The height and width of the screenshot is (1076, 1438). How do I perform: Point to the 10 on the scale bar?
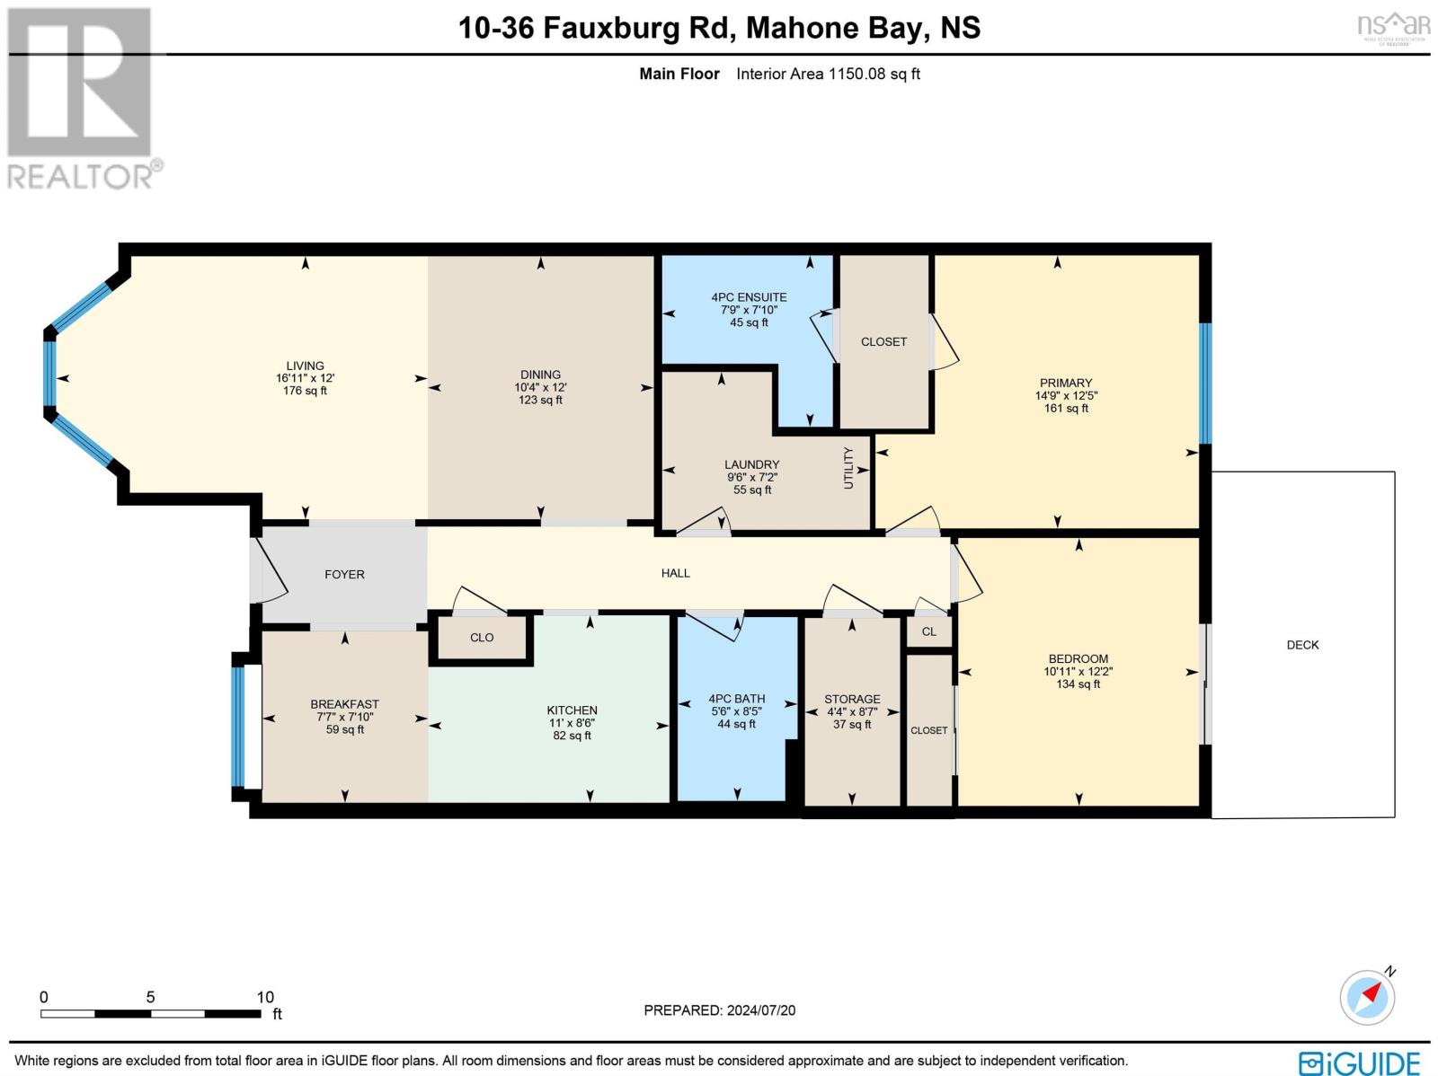[x=265, y=998]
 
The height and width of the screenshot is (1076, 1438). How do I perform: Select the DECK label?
[x=1302, y=646]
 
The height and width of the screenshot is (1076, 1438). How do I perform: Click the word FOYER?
[x=344, y=575]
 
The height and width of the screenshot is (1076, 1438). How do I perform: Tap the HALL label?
[x=676, y=573]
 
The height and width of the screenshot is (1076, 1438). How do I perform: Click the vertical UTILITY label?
[x=848, y=468]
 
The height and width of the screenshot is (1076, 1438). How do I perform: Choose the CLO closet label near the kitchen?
[x=482, y=638]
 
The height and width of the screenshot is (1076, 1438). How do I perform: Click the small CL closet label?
[x=929, y=631]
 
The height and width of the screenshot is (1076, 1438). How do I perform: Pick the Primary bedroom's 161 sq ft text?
[x=1066, y=409]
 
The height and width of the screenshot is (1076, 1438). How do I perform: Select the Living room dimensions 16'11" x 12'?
[x=306, y=378]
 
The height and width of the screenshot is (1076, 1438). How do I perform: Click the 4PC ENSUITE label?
[x=750, y=297]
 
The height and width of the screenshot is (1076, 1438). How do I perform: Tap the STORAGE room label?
[x=852, y=699]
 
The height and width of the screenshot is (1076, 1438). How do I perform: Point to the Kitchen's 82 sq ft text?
[x=572, y=736]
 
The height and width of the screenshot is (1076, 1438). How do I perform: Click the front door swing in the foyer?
[x=269, y=569]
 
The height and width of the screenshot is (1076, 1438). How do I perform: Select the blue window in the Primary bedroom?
[x=1205, y=384]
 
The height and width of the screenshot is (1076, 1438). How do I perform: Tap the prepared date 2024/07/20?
[x=760, y=1010]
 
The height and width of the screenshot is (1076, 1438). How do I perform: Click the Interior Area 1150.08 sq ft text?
[x=828, y=74]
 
